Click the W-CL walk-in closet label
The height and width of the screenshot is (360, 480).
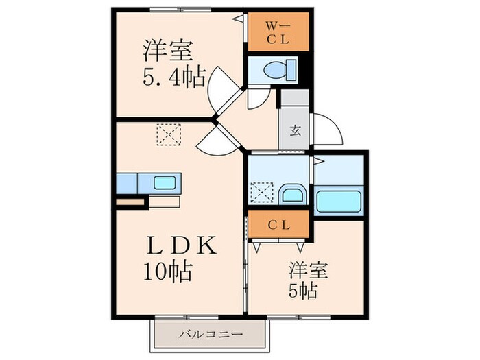[x=276, y=33]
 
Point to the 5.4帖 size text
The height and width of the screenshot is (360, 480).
[x=173, y=77]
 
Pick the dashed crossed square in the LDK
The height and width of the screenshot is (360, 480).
[x=166, y=134]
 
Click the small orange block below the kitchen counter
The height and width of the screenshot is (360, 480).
[x=130, y=202]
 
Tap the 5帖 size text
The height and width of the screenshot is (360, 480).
[x=302, y=291]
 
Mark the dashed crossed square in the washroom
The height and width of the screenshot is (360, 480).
[x=263, y=191]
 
